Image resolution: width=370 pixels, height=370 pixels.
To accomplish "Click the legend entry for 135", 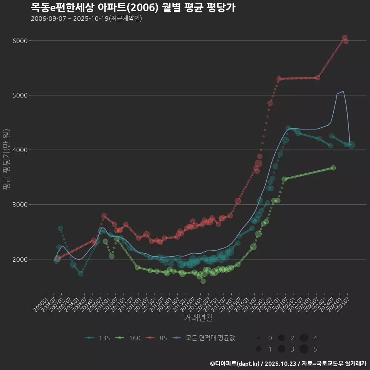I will click(98, 338).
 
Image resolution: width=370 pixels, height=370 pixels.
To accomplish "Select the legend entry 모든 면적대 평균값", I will click(204, 338).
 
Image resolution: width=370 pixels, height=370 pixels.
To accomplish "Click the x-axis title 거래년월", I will click(198, 318).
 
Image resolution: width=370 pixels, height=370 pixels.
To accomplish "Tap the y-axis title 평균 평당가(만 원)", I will click(6, 160).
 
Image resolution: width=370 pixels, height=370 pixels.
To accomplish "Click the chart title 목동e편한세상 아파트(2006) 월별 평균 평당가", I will click(133, 7).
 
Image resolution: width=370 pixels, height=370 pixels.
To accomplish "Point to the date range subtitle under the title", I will click(86, 18).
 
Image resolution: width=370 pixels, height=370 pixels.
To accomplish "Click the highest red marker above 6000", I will click(345, 37).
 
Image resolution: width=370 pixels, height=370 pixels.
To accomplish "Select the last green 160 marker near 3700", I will click(333, 168).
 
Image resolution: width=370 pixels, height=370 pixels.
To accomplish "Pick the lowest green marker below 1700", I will click(203, 281).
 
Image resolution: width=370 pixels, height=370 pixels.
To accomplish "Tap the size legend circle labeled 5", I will click(304, 349).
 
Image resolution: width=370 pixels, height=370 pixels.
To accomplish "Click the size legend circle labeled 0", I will click(259, 338).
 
